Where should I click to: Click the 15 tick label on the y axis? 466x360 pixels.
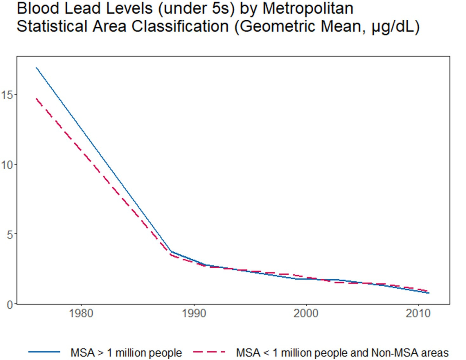coord(7,95)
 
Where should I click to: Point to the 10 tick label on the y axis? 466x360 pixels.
coord(7,165)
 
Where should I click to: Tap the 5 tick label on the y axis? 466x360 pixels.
coord(10,235)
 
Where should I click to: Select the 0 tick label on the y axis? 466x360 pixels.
coord(10,305)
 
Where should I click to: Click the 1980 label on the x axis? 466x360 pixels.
coord(81,313)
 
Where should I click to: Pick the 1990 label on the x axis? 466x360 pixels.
coord(194,313)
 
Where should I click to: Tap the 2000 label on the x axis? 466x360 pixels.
coord(306,313)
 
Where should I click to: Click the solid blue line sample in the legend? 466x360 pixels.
coord(44,352)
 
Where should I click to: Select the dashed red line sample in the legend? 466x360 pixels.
coord(209,352)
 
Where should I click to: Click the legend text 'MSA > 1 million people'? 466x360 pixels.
coord(126,353)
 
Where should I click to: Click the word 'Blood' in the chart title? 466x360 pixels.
coord(39,8)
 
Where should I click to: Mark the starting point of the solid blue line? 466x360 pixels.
coord(37,68)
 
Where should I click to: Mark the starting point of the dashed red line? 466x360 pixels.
coord(37,99)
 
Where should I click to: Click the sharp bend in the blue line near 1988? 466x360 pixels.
coord(171,252)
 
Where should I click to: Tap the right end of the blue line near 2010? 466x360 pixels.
coord(429,293)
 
